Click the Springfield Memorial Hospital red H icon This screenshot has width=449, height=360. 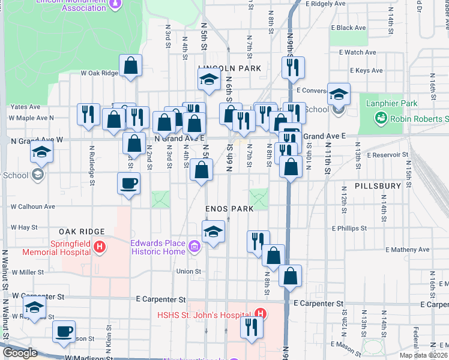100,247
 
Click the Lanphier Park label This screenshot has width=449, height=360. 391,104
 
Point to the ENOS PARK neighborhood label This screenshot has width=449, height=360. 230,208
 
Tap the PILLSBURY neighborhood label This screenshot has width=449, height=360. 377,186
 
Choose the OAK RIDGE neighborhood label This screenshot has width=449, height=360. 82,231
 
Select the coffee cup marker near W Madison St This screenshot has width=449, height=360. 64,331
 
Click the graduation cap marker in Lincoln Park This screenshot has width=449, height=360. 209,79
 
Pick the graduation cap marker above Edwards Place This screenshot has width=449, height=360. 212,232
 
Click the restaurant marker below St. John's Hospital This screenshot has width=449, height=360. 251,328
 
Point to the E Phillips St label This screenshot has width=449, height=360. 349,229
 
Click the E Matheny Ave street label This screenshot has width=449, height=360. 408,250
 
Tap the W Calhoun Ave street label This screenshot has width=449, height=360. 33,206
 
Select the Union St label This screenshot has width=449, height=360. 188,271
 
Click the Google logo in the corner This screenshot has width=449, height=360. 20,353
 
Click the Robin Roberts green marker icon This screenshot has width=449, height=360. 381,119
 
